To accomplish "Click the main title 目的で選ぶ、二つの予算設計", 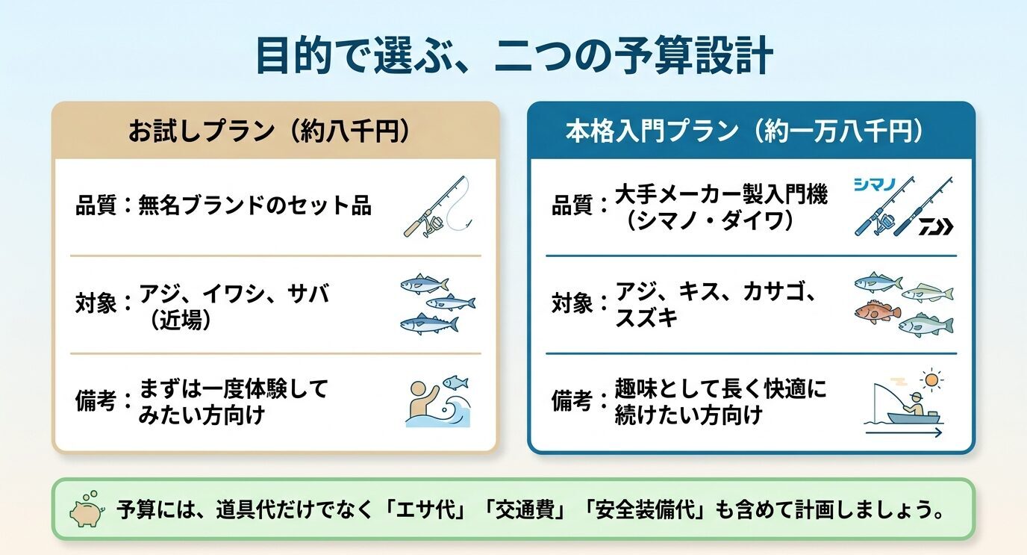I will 513,56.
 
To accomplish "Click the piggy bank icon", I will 85,509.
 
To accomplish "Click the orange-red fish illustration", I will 877,311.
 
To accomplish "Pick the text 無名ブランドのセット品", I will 255,205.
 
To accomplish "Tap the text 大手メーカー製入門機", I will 721,196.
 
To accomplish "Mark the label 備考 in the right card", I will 571,401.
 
